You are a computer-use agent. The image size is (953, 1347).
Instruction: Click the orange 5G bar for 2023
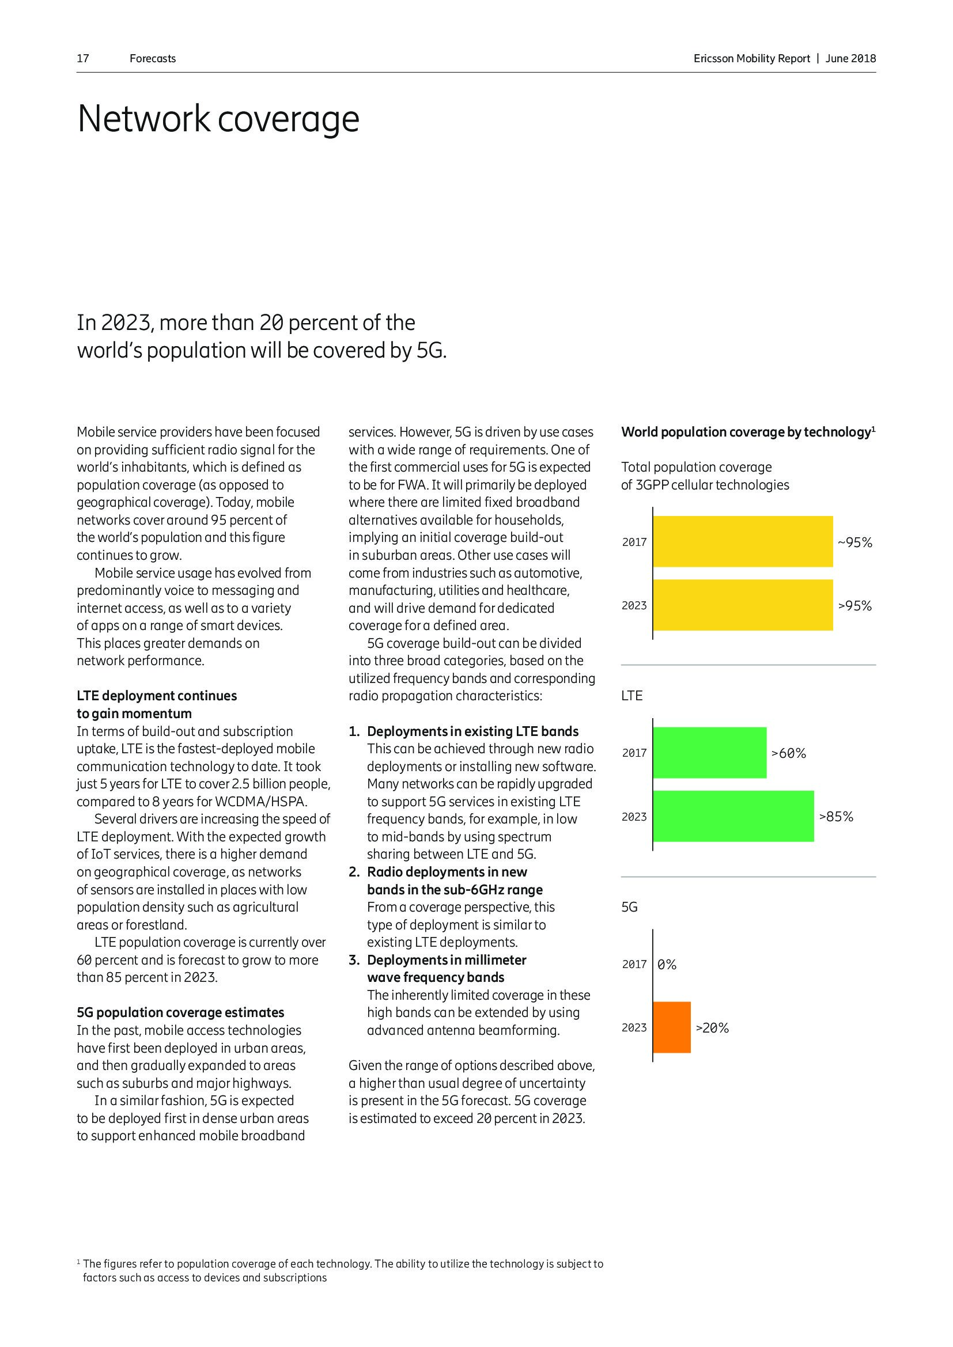pyautogui.click(x=672, y=1027)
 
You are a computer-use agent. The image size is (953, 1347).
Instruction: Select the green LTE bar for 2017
pyautogui.click(x=709, y=753)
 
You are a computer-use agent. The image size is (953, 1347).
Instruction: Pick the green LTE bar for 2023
pyautogui.click(x=733, y=816)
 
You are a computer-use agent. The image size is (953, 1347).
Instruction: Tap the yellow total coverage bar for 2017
pyautogui.click(x=742, y=541)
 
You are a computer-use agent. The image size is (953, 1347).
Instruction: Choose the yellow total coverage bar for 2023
pyautogui.click(x=742, y=605)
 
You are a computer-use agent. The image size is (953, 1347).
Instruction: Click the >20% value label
pyautogui.click(x=712, y=1028)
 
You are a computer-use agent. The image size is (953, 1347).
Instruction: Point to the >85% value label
pyautogui.click(x=835, y=817)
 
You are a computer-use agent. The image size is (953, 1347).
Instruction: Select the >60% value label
pyautogui.click(x=788, y=753)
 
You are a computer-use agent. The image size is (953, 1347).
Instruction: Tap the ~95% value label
pyautogui.click(x=854, y=542)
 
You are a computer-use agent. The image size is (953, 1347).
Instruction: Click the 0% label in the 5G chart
pyautogui.click(x=667, y=965)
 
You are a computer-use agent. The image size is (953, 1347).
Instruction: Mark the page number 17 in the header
pyautogui.click(x=83, y=59)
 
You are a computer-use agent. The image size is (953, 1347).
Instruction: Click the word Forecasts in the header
pyautogui.click(x=153, y=59)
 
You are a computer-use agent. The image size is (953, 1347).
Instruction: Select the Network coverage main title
pyautogui.click(x=218, y=119)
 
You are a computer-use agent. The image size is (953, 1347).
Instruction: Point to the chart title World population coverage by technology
pyautogui.click(x=745, y=432)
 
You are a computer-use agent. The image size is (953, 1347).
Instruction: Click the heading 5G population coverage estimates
pyautogui.click(x=180, y=1012)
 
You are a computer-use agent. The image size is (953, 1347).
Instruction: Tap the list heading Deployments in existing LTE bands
pyautogui.click(x=472, y=731)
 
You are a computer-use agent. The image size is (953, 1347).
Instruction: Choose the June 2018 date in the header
pyautogui.click(x=850, y=59)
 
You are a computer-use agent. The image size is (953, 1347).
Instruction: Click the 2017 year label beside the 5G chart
pyautogui.click(x=634, y=965)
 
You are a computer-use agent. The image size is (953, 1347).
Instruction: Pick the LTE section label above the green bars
pyautogui.click(x=631, y=696)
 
